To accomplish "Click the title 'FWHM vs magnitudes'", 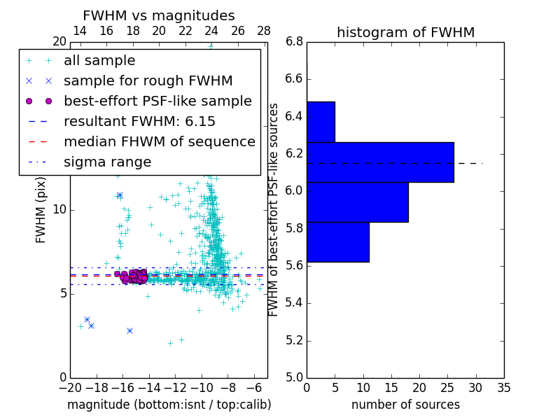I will point(159,16).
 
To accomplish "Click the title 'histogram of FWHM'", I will point(405,32).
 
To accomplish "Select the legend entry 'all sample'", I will point(99,61).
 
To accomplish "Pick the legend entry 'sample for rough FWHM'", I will point(148,81).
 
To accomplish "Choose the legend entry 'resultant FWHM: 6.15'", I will point(139,122).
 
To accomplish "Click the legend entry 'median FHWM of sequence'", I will point(159,142).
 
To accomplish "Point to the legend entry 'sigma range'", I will point(107,162).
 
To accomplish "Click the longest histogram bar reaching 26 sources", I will point(380,162).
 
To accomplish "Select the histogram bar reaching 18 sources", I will point(357,202).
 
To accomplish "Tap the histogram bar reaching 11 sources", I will point(337,242).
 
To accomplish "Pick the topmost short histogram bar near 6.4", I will point(321,122).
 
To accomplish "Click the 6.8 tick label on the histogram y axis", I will point(295,42).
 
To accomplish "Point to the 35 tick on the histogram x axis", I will point(503,387).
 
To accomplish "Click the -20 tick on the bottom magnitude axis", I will point(70,387).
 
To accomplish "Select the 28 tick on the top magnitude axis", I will point(264,31).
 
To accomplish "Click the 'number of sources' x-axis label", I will point(405,405).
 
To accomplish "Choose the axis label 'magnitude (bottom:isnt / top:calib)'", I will point(169,405).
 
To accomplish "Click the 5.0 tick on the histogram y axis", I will point(295,377).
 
